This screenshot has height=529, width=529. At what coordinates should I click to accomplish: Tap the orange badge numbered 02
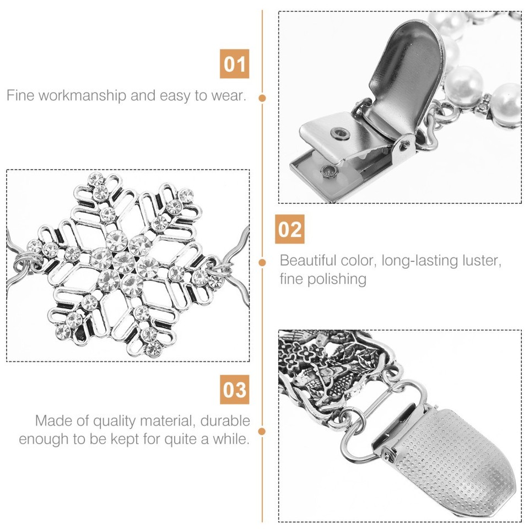coord(290,229)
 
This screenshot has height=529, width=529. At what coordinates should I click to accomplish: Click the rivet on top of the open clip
coord(337,132)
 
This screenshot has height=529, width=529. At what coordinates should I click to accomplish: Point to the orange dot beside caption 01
coord(263,98)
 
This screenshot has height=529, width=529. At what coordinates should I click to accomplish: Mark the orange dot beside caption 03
coord(263,431)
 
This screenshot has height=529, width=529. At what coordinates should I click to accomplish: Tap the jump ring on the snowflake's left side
coord(25,259)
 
